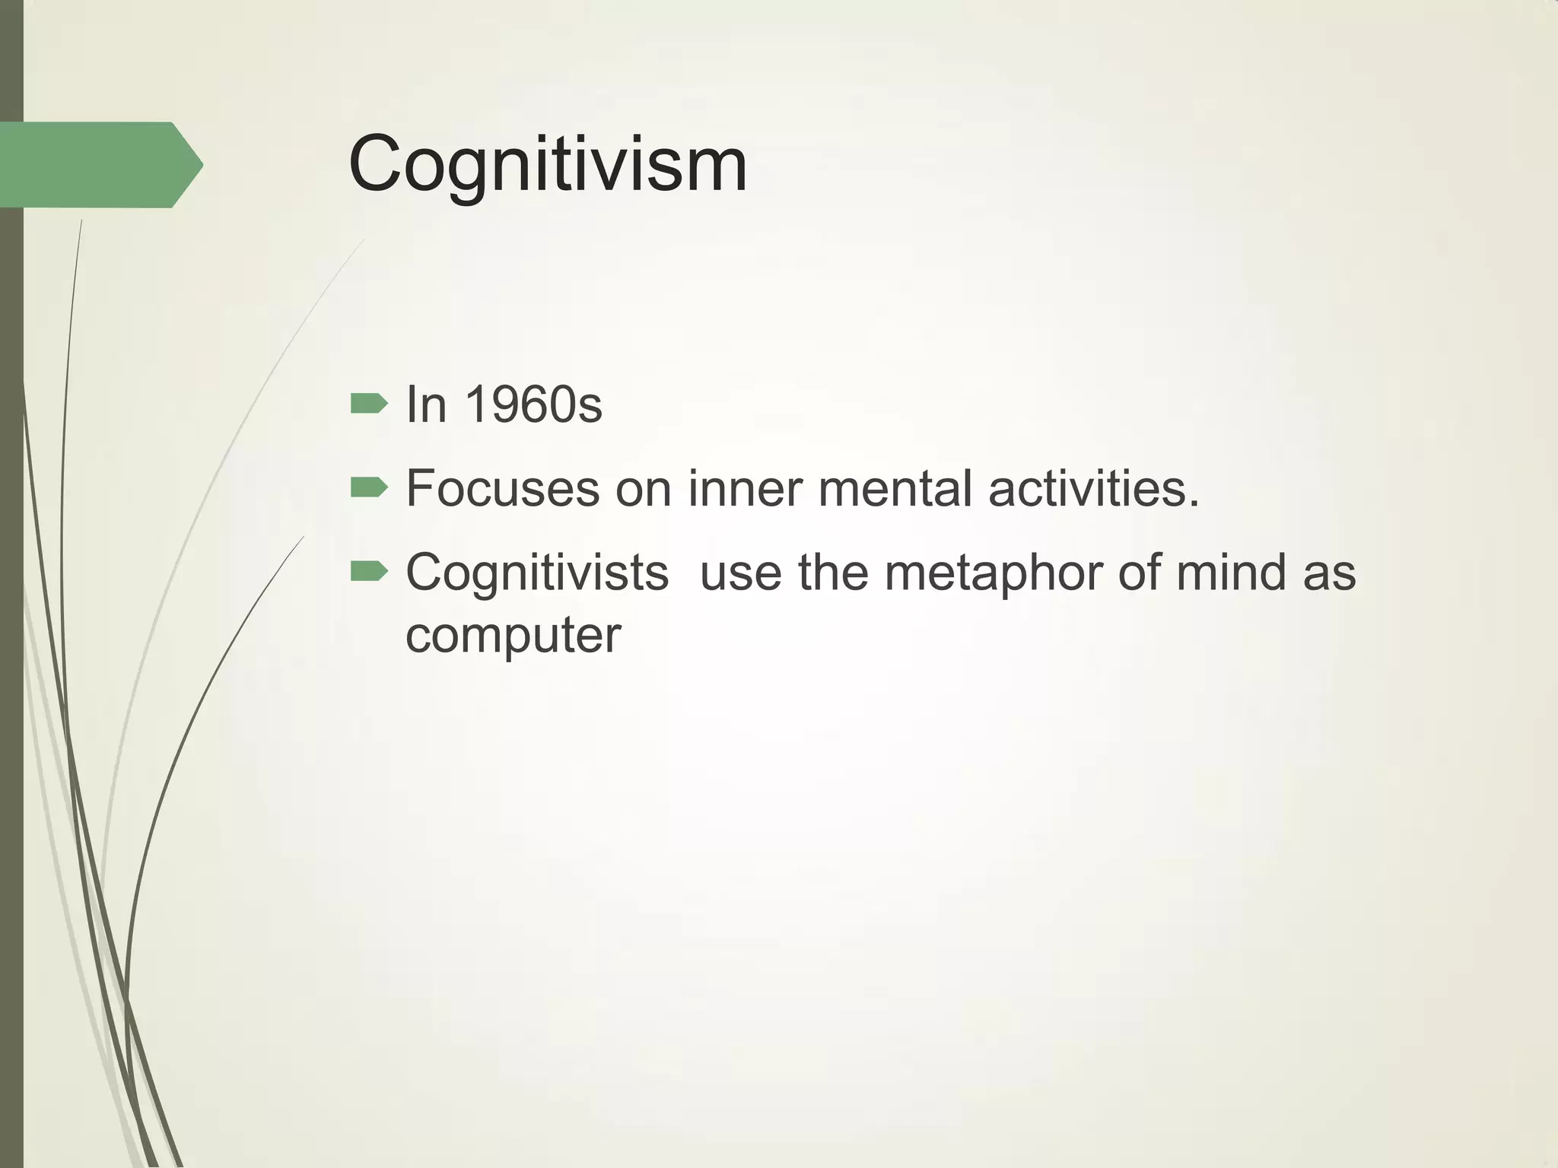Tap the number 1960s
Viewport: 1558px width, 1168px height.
(x=533, y=405)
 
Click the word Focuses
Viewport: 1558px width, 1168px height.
(x=503, y=488)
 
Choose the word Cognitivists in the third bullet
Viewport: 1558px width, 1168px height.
(x=537, y=572)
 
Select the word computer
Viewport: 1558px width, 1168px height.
(x=514, y=636)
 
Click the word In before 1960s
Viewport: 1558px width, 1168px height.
(x=426, y=405)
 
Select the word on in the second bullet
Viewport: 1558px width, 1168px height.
(x=644, y=488)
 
